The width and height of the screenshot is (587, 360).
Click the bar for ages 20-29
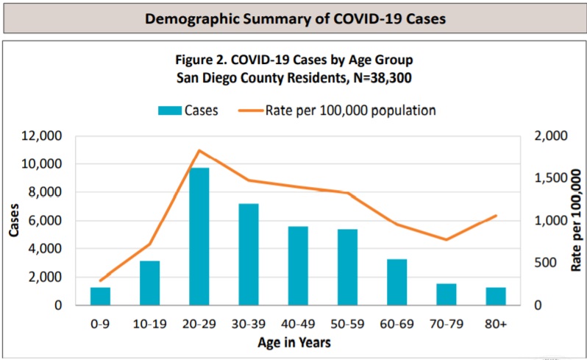(199, 236)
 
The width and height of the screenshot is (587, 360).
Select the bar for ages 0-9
(100, 296)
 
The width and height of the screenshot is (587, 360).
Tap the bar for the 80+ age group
(496, 296)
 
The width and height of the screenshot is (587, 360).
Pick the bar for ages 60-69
(396, 282)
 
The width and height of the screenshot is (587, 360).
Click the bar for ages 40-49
(298, 266)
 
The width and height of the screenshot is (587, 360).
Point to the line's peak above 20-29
(199, 151)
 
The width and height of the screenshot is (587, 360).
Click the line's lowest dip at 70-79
(446, 239)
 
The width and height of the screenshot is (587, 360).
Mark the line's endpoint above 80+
(496, 216)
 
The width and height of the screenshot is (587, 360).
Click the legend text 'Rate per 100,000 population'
(351, 110)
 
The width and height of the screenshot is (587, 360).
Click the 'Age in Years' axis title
(293, 342)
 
